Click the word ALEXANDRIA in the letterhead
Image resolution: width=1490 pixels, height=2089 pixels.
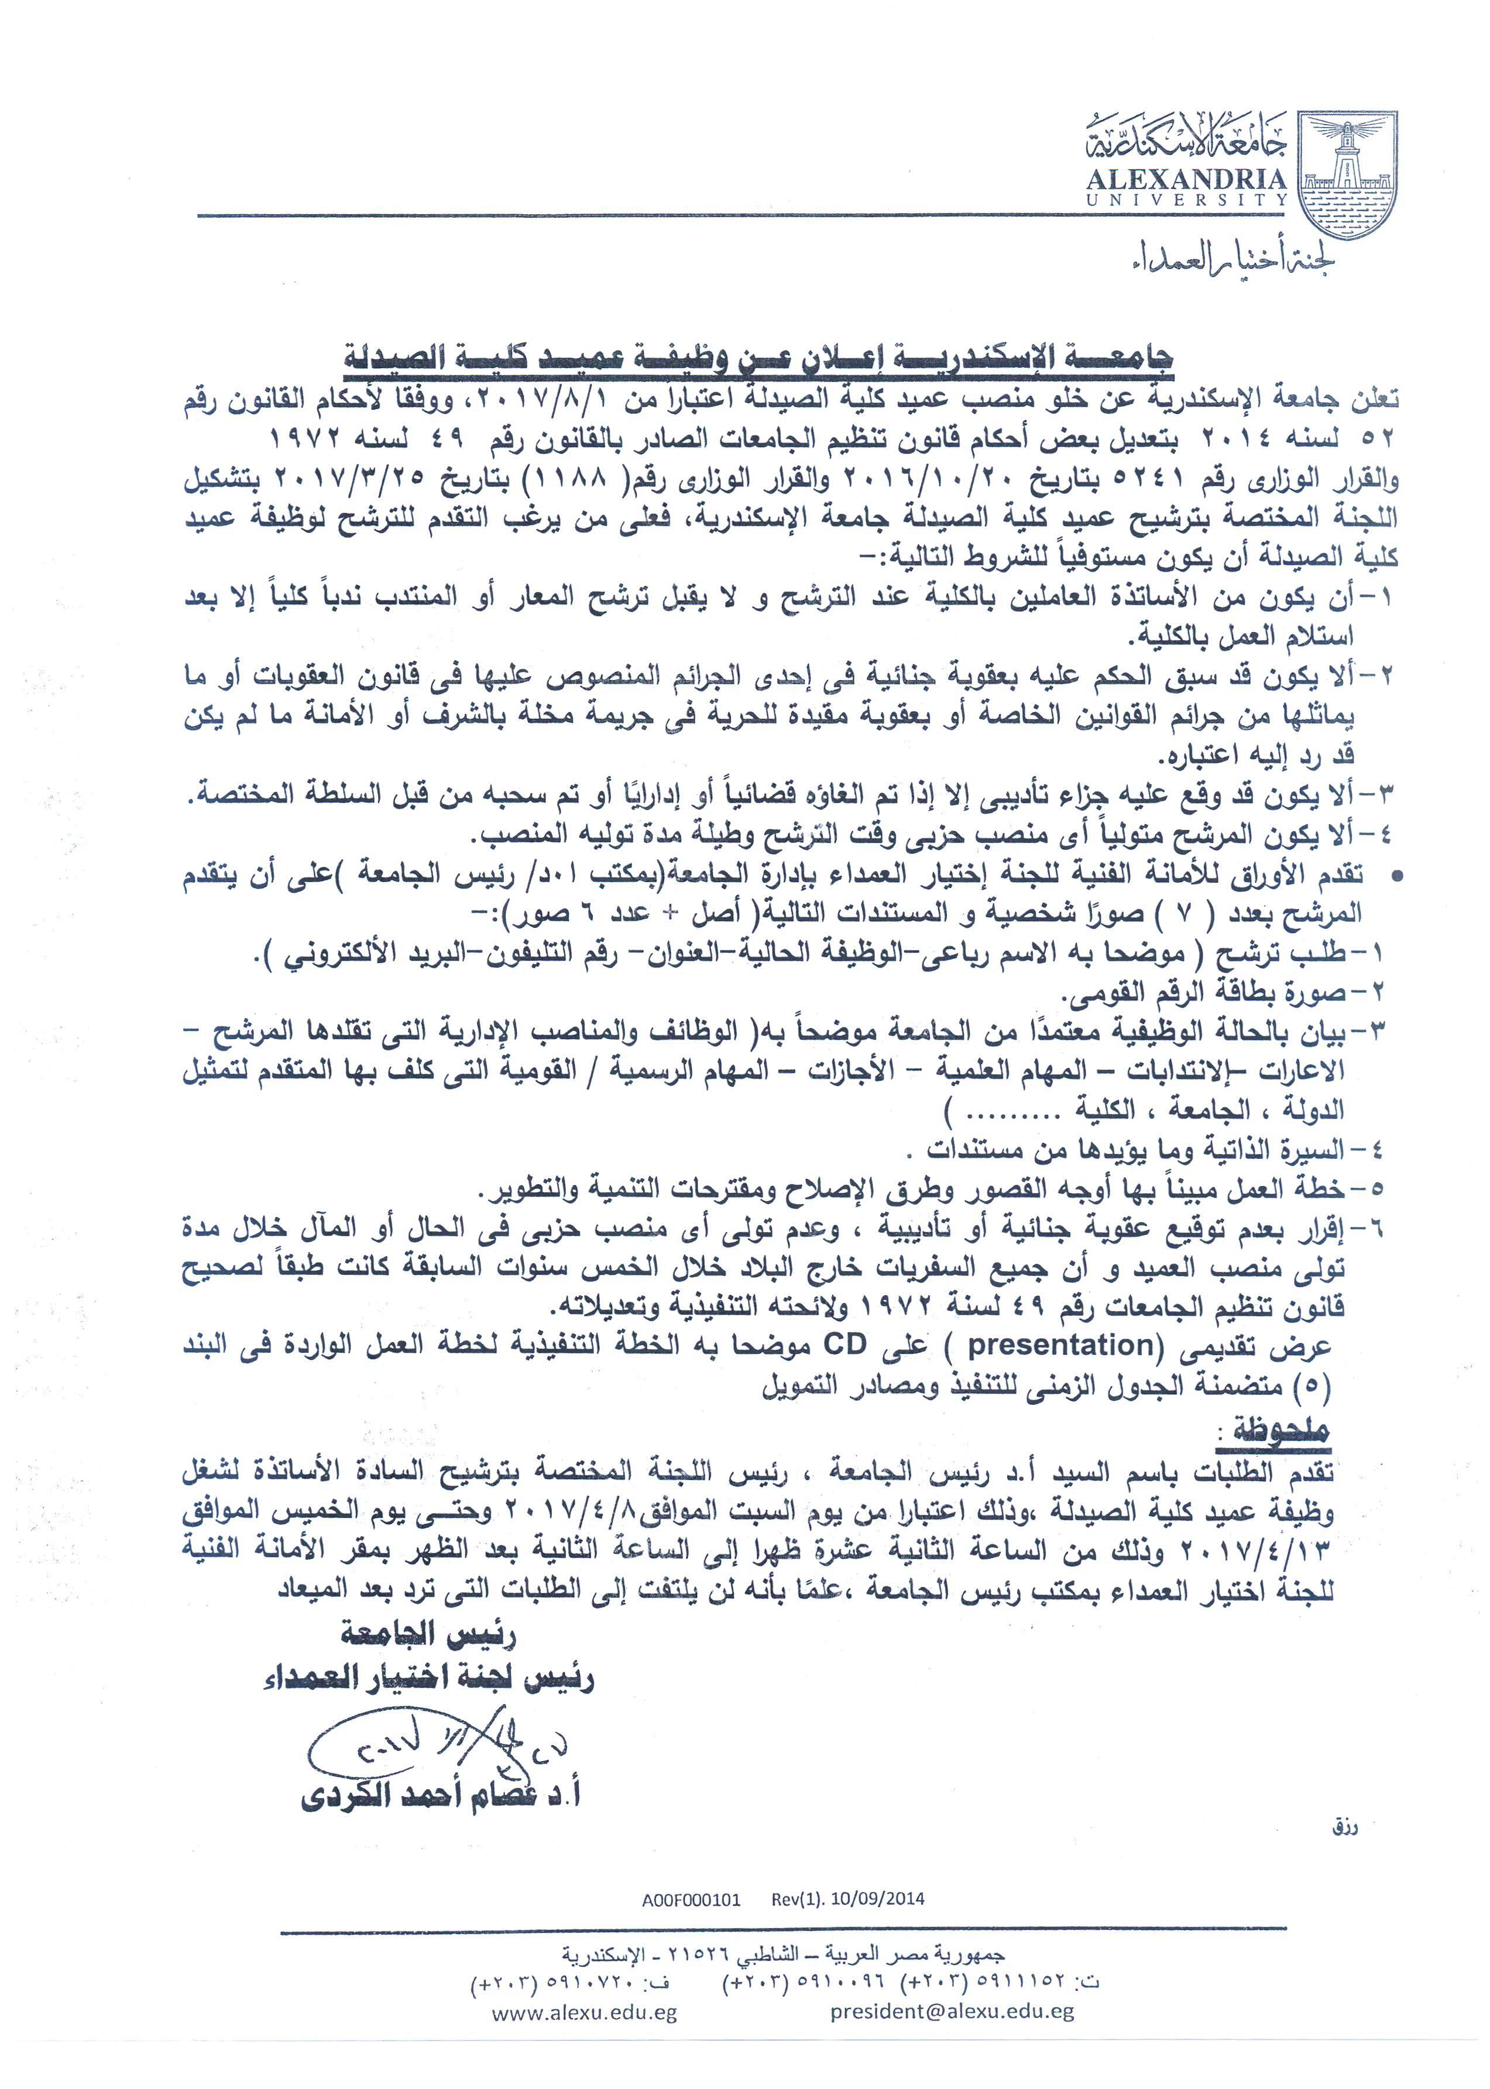1186,180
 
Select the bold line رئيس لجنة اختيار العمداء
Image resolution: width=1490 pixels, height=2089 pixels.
428,1679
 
